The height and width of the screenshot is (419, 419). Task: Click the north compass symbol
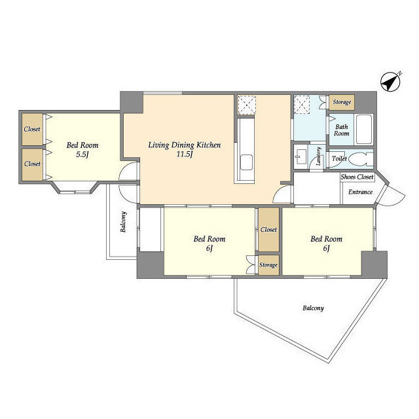[391, 82]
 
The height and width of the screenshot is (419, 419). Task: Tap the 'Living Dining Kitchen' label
[185, 145]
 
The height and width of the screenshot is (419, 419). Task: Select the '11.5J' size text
[185, 155]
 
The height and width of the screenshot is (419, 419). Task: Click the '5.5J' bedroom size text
[82, 155]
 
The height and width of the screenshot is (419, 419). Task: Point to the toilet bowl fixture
[361, 158]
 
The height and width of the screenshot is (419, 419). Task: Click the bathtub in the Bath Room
[364, 130]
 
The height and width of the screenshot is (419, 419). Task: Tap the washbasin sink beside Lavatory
[301, 157]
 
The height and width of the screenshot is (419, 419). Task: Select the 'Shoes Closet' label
[357, 177]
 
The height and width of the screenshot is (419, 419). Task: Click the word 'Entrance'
[360, 192]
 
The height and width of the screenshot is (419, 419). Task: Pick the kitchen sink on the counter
[246, 162]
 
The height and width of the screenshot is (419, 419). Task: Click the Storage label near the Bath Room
[342, 102]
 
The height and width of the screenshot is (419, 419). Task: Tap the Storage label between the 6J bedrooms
[268, 264]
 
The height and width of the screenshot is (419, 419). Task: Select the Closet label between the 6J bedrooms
[268, 230]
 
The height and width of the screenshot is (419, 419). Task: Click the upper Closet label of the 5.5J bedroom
[32, 129]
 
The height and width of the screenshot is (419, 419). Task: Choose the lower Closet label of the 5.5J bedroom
[32, 164]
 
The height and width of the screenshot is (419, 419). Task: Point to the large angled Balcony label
[313, 308]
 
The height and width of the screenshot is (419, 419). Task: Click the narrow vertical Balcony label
[123, 222]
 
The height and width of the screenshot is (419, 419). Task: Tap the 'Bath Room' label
[342, 130]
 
